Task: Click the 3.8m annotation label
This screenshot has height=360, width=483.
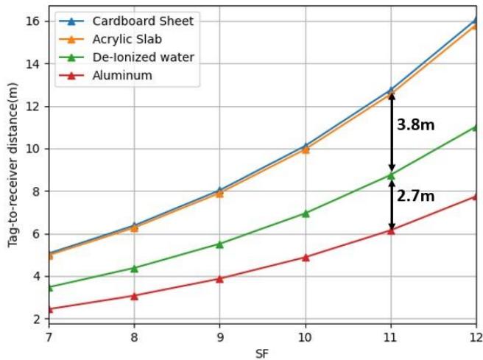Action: point(415,125)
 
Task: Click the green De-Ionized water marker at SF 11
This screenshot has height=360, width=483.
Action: point(391,176)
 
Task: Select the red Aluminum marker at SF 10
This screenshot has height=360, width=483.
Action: point(306,258)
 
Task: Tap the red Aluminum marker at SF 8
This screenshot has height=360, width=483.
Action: point(134,296)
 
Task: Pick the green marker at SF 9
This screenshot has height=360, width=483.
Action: point(219,244)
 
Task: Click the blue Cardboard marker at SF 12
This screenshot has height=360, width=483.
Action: point(476,20)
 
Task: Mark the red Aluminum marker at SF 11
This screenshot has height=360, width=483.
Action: point(391,230)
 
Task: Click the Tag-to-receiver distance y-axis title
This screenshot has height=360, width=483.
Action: point(13,171)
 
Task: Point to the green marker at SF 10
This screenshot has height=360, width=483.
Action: point(306,213)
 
